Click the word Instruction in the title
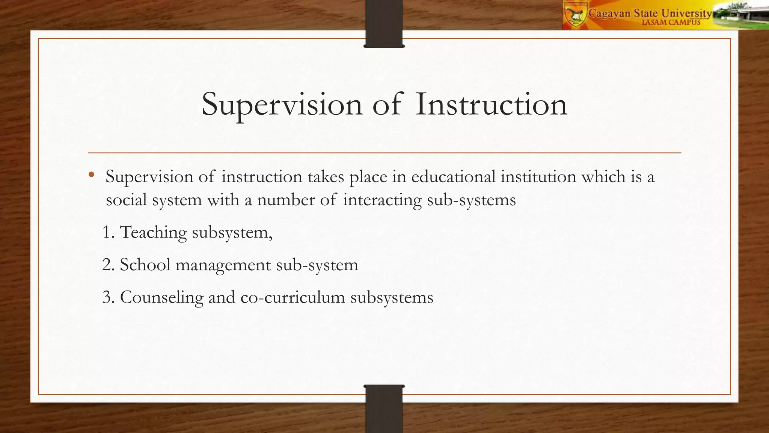tap(491, 104)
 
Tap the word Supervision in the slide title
tap(282, 104)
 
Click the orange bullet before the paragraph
tap(91, 174)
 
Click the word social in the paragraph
tap(126, 200)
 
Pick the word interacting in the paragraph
tap(382, 200)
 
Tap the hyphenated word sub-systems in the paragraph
tap(471, 200)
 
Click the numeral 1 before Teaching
tap(107, 232)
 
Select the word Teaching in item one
tap(153, 232)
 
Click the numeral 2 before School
tap(107, 265)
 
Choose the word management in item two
tap(223, 265)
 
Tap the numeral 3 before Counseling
tap(107, 297)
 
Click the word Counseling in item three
tap(161, 297)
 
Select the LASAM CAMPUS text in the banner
tap(671, 23)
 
